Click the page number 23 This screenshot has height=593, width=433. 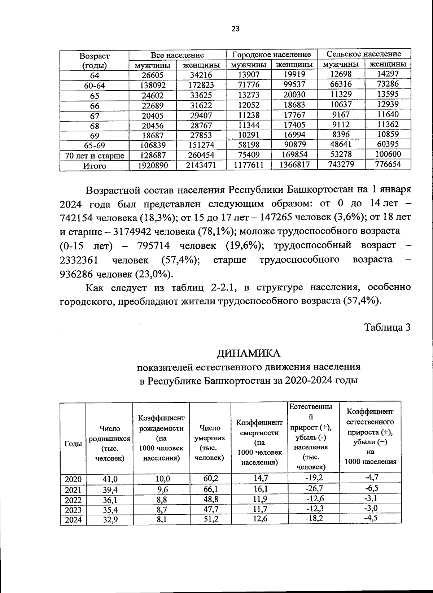point(235,29)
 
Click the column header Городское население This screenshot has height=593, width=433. point(271,54)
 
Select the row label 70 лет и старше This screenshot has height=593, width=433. point(95,156)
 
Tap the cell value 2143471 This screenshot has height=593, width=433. point(201,165)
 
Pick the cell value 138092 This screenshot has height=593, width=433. point(152,86)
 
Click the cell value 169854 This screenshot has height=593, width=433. point(294,155)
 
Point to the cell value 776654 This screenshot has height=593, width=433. point(388,164)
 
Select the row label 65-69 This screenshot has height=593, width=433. point(95,146)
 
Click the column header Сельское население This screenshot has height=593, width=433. point(364,54)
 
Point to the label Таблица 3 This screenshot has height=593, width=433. point(387,327)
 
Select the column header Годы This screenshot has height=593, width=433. point(73,444)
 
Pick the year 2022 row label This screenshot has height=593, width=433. point(73,500)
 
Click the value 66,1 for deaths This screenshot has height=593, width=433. point(210,489)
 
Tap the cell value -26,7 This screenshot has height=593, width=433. point(314,488)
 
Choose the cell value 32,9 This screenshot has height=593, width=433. point(110,520)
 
